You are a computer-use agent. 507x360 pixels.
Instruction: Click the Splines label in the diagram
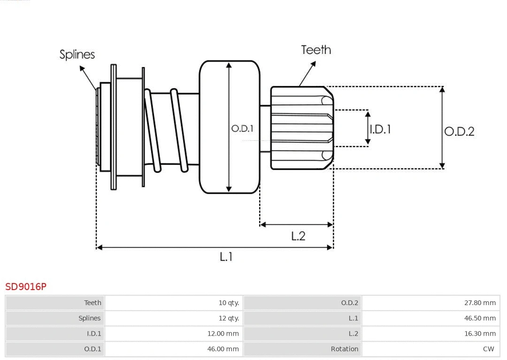[x=77, y=54]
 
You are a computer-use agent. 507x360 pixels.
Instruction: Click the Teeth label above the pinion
[x=316, y=50]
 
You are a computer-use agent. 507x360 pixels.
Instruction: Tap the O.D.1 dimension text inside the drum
[x=242, y=128]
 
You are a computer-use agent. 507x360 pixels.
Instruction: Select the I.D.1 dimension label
[x=380, y=129]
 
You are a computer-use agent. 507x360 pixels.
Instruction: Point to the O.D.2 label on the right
[x=459, y=131]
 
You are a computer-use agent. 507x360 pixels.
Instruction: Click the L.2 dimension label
[x=298, y=236]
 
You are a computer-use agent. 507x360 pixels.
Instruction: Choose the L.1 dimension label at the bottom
[x=226, y=257]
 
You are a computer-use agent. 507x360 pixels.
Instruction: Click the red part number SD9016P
[x=26, y=286]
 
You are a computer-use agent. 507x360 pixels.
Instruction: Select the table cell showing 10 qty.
[x=229, y=303]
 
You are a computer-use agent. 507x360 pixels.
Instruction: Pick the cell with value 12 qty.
[x=229, y=318]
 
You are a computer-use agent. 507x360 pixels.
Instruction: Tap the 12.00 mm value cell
[x=223, y=334]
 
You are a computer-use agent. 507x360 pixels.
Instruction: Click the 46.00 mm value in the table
[x=223, y=349]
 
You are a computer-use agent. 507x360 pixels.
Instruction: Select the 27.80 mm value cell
[x=480, y=303]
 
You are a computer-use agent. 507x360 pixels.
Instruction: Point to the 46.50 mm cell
[x=480, y=318]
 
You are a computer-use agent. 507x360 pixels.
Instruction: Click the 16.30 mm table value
[x=480, y=334]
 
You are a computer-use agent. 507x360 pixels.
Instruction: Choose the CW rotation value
[x=488, y=349]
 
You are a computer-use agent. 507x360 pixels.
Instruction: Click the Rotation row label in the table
[x=344, y=349]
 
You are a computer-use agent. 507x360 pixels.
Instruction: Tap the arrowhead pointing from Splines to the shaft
[x=82, y=69]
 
